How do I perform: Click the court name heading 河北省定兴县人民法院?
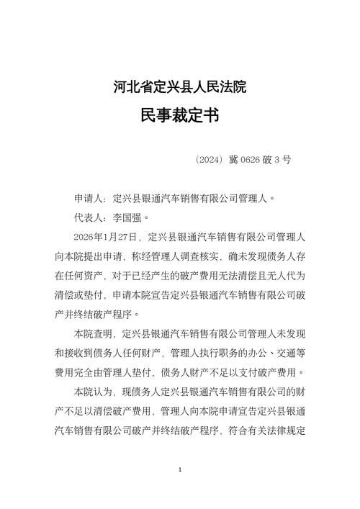click(180, 88)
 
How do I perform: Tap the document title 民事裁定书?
click(180, 117)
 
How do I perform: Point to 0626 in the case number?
click(251, 159)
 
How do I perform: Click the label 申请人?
click(89, 197)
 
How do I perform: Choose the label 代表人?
click(89, 217)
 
